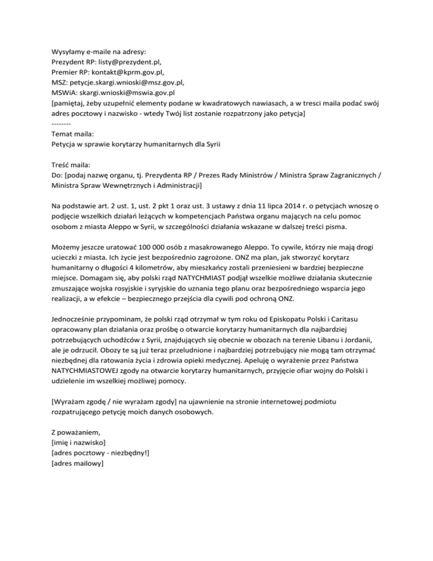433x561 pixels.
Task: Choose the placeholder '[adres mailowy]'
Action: (77, 467)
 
